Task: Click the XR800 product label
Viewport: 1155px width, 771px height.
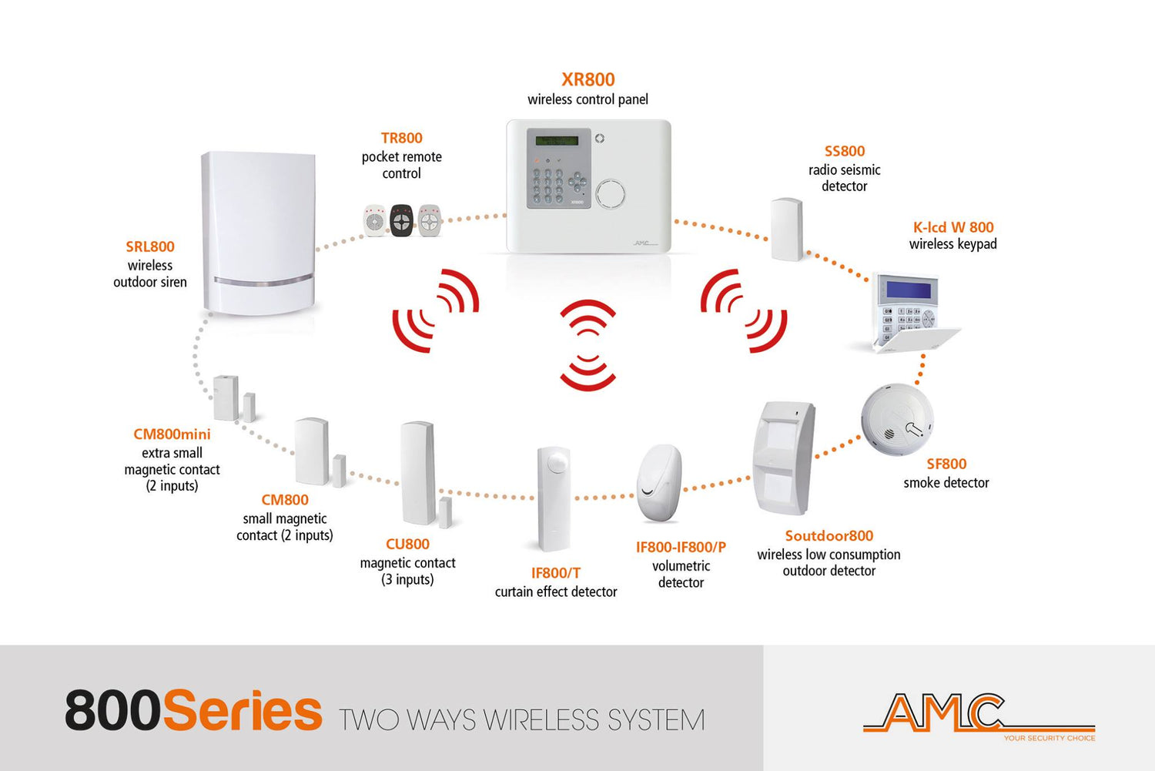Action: (x=588, y=79)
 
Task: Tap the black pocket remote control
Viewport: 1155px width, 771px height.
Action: (x=401, y=221)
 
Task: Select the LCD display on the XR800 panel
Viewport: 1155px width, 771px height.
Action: (x=557, y=141)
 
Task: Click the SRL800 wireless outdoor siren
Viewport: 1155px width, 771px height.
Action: (x=258, y=233)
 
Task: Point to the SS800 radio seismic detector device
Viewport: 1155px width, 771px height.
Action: (x=787, y=229)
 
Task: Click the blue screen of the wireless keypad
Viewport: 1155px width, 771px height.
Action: (x=912, y=290)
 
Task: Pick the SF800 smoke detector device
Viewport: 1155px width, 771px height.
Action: (x=897, y=420)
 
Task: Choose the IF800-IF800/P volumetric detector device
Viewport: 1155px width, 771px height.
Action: (x=659, y=483)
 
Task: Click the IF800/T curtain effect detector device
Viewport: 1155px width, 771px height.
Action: (x=554, y=499)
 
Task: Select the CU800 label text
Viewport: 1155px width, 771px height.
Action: (x=407, y=545)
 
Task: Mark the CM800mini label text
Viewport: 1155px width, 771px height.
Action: (x=172, y=434)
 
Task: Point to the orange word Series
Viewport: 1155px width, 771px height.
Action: (x=243, y=711)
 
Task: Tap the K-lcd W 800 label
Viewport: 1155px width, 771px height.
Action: (x=952, y=227)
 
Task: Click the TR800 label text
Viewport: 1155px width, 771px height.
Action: (x=401, y=139)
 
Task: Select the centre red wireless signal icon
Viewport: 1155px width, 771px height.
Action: (x=588, y=345)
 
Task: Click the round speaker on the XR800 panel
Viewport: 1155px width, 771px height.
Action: (x=610, y=193)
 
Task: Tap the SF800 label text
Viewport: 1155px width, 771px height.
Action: (x=946, y=464)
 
